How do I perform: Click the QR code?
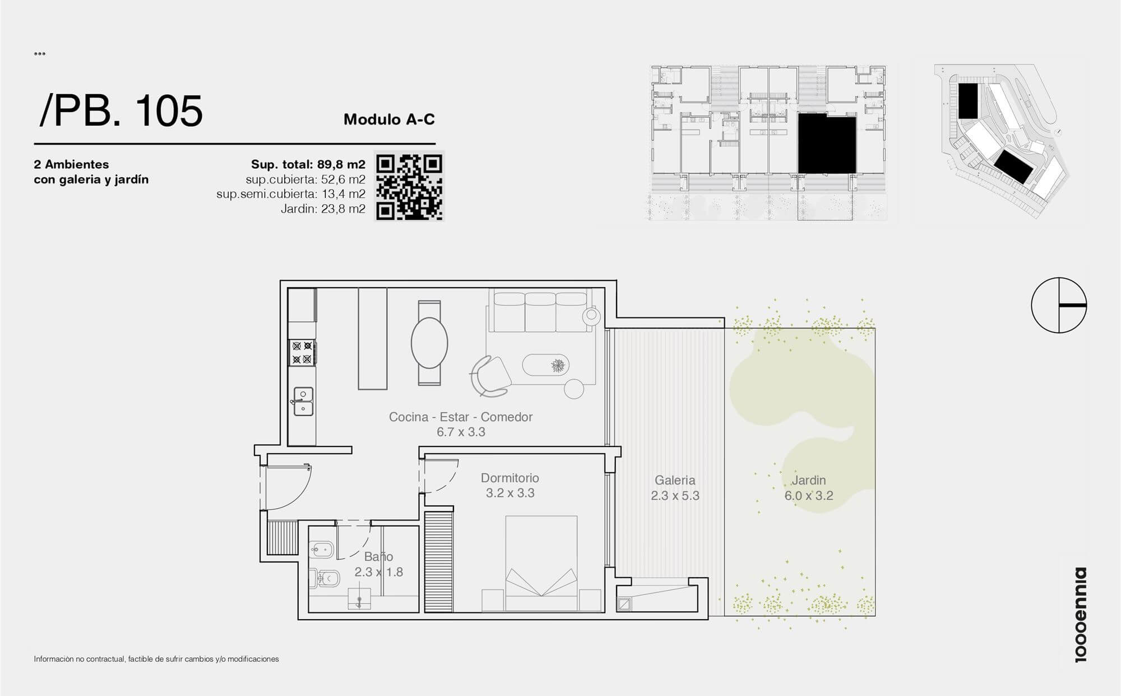409,187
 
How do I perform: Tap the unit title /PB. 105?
121,110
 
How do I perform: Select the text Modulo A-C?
389,119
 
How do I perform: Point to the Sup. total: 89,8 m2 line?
308,164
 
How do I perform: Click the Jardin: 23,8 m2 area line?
323,209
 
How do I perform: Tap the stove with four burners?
302,353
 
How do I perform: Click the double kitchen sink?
303,401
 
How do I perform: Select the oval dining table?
429,343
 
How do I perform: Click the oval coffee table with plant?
546,366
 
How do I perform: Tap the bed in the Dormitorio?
541,564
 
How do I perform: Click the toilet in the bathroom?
325,578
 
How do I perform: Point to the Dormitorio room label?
510,478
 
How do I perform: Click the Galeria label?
675,480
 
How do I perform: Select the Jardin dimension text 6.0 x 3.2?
809,496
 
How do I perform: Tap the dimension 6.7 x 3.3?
461,432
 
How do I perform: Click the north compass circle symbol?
1059,305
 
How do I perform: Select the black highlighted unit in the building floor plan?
827,144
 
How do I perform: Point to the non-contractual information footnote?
156,659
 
